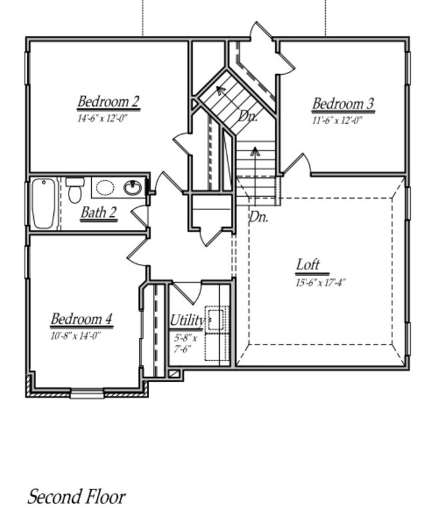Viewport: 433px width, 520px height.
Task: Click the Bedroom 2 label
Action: pos(108,102)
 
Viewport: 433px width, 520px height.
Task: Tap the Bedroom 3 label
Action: pos(343,104)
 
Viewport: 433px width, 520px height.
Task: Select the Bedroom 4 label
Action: pos(81,319)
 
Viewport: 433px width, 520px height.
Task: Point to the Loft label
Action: pos(308,265)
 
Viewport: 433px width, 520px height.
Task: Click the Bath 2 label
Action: pos(99,213)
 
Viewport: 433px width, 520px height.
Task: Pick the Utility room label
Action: pos(187,320)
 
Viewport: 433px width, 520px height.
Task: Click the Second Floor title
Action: pos(76,497)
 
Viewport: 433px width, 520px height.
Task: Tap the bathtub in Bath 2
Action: pos(44,203)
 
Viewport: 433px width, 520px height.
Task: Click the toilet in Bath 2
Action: pos(75,189)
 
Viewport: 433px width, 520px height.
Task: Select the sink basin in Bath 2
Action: pos(133,187)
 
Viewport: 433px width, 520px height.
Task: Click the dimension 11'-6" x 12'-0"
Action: pos(337,121)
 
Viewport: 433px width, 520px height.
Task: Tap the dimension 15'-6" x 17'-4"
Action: pos(321,282)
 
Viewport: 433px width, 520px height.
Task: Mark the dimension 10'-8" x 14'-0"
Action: pos(75,336)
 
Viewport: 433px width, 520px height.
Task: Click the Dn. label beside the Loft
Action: pos(258,217)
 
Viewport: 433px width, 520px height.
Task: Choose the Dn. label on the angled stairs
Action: pos(248,116)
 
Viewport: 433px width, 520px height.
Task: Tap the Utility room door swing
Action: pos(188,291)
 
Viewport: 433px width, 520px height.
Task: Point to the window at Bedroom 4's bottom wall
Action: pos(87,394)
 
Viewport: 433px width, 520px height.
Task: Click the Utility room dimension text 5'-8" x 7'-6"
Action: pos(185,343)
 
